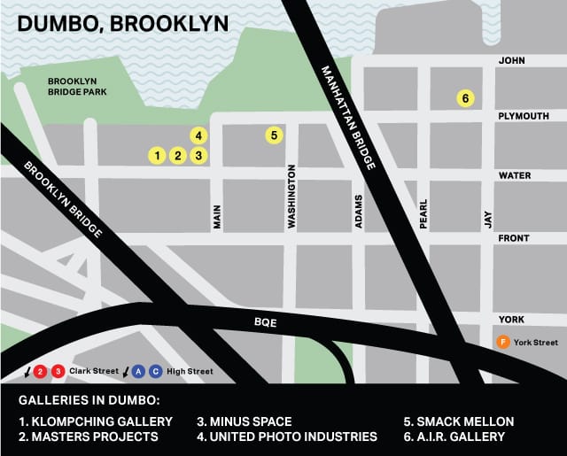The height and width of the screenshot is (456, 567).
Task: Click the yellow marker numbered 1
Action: [157, 156]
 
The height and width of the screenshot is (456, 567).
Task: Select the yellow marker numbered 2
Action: [178, 156]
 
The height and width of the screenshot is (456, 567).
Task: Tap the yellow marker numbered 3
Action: [199, 156]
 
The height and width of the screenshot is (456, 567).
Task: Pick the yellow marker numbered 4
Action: [199, 135]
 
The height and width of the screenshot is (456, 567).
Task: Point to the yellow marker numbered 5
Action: [275, 135]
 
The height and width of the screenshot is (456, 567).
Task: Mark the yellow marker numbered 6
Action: [464, 98]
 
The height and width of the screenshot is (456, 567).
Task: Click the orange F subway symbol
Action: [501, 342]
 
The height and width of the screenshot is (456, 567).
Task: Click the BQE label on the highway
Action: [265, 323]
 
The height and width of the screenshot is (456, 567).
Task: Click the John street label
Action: [513, 61]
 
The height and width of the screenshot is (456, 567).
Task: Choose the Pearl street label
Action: [423, 213]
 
